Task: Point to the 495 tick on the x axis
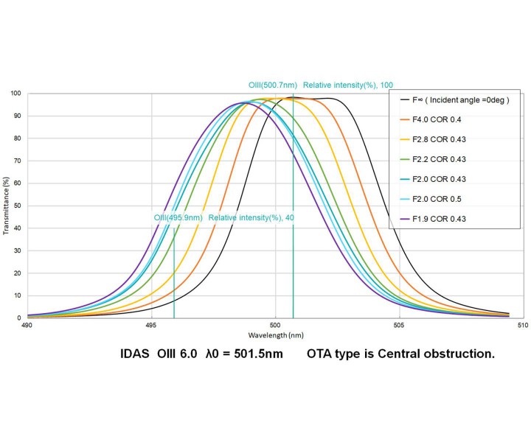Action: (150, 325)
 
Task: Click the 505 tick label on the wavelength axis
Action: (398, 325)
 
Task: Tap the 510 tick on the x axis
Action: (521, 325)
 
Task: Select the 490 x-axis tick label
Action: (27, 325)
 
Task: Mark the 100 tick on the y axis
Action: (15, 94)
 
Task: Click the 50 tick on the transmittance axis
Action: (17, 206)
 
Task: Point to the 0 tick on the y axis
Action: (19, 318)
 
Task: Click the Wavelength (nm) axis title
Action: (274, 334)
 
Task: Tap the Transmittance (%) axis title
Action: (6, 206)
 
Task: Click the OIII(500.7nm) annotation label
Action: (272, 85)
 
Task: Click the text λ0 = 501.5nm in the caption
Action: (249, 354)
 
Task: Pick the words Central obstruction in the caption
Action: (441, 354)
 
